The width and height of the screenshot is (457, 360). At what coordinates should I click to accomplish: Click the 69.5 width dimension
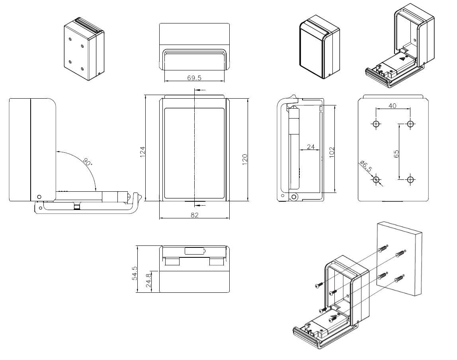194,78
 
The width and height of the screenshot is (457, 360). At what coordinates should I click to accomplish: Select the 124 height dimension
143,152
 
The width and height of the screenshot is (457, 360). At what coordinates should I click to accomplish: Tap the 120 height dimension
245,158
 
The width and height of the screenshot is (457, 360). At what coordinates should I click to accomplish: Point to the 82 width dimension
194,215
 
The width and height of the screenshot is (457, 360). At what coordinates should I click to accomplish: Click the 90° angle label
88,162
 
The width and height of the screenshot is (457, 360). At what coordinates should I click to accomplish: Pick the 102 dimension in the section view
332,152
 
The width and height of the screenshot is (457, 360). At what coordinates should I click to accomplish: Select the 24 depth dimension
311,147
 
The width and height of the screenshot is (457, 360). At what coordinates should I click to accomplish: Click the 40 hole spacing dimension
393,105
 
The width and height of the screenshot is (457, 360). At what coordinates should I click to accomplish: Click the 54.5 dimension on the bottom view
134,273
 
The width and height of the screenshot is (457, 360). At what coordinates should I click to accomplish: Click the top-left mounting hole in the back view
375,124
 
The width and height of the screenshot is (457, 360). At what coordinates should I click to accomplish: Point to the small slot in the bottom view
195,251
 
